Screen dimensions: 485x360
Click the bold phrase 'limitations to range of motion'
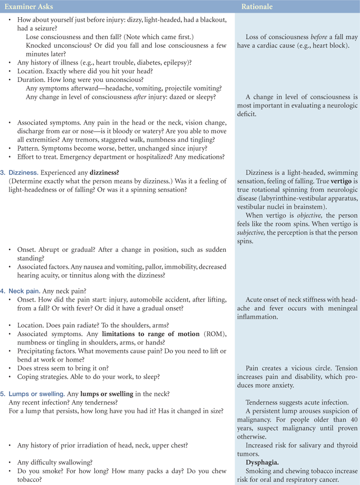[150, 334]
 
